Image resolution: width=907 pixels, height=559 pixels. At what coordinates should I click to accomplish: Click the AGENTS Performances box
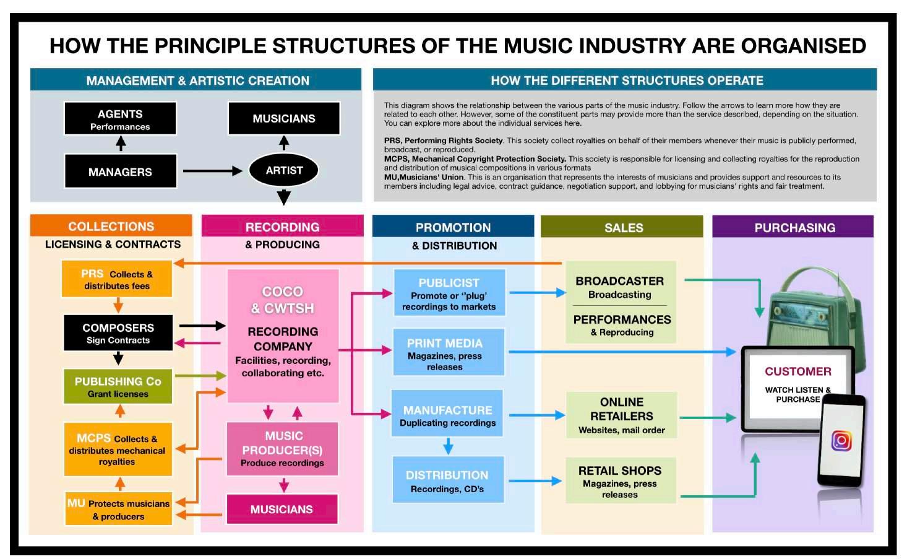[x=120, y=118]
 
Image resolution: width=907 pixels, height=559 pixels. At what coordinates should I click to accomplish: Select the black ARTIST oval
[x=284, y=170]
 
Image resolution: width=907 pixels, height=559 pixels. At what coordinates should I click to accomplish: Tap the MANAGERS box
[x=120, y=171]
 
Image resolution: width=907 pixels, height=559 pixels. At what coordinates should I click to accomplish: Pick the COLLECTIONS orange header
[x=111, y=226]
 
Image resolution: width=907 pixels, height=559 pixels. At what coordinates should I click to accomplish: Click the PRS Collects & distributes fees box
[x=117, y=279]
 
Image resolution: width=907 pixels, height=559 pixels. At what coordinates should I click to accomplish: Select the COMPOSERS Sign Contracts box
[x=118, y=333]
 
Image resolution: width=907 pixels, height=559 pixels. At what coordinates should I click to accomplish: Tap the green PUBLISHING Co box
[x=118, y=386]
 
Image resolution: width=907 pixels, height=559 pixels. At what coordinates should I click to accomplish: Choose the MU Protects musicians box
[x=118, y=509]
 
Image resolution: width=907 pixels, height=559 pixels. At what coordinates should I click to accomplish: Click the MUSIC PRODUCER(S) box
[x=282, y=449]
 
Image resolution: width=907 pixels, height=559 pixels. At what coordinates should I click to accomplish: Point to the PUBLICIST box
[x=449, y=293]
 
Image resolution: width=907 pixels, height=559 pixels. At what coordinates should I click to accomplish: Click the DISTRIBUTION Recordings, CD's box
[x=448, y=480]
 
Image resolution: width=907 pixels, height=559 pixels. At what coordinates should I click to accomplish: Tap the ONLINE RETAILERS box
[x=621, y=415]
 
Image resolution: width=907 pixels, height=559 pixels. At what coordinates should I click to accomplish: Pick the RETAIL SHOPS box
[x=620, y=481]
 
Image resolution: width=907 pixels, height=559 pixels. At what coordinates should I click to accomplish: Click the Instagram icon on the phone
[x=841, y=440]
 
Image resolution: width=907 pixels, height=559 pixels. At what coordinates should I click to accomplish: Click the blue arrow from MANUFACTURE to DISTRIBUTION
[x=448, y=446]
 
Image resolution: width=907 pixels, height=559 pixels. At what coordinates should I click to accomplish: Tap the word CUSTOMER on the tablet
[x=797, y=371]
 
